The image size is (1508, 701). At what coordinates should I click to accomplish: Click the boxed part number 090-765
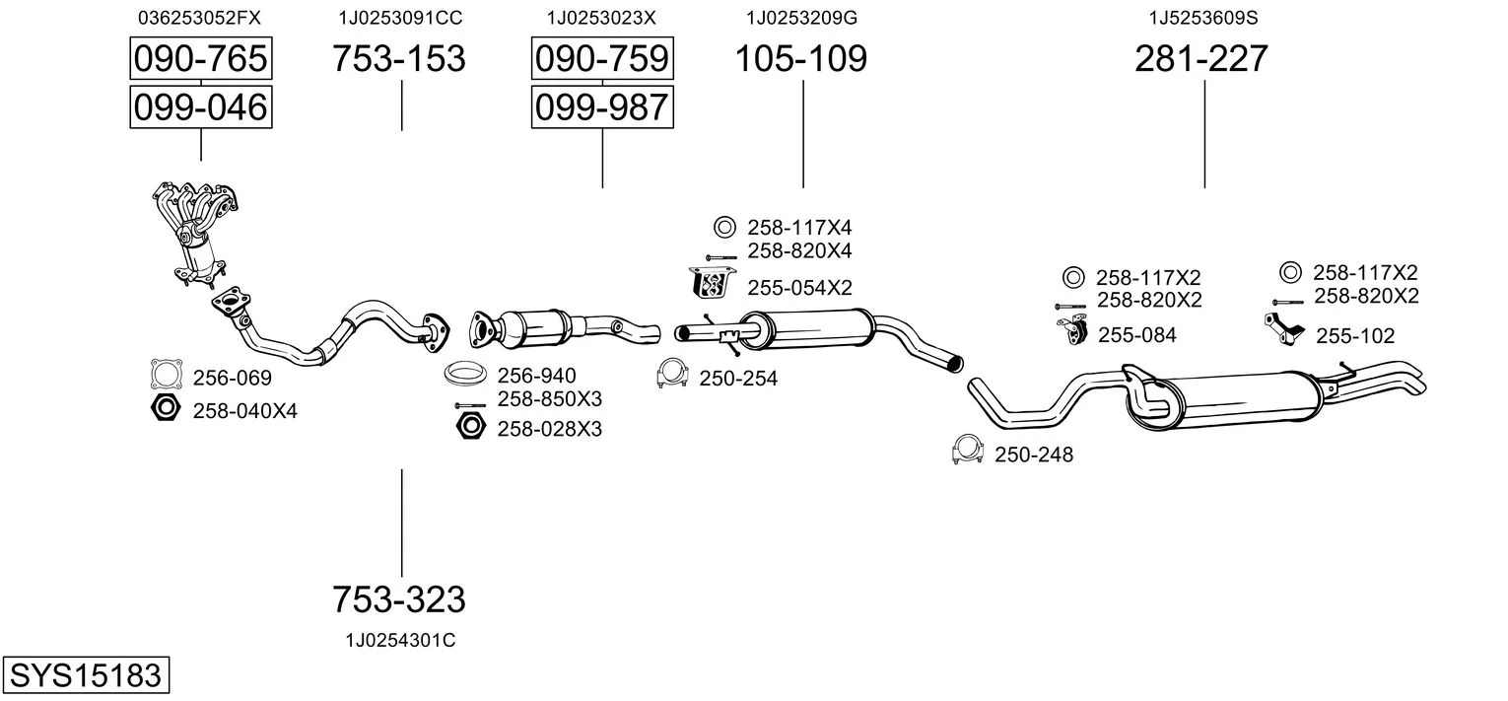click(201, 59)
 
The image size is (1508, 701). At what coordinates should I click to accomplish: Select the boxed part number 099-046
click(201, 106)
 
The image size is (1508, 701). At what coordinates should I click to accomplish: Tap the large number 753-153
click(398, 59)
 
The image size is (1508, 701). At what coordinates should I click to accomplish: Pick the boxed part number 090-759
click(601, 59)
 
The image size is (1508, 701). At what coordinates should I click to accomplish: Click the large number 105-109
click(801, 59)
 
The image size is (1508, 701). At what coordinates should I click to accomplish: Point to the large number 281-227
click(1201, 59)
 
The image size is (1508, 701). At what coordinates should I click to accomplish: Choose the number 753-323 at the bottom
click(398, 598)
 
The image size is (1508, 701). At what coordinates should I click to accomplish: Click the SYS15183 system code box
click(85, 676)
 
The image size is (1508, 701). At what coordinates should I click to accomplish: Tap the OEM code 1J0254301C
click(400, 641)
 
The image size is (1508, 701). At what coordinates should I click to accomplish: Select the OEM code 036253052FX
click(200, 18)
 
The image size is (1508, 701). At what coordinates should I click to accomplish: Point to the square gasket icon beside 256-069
click(168, 376)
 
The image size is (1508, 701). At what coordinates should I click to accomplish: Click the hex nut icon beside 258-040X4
click(166, 408)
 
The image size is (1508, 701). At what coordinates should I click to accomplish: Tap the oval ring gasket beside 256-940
click(465, 376)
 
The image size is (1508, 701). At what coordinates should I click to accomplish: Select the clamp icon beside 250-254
click(673, 375)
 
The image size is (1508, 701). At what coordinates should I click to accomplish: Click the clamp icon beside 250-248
click(968, 451)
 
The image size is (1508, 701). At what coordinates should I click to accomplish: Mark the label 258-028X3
click(549, 429)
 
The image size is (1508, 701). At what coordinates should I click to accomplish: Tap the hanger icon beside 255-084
click(1072, 332)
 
